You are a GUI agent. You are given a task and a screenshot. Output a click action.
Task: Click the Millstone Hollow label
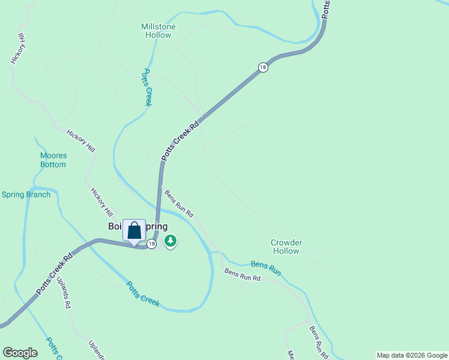coord(158,31)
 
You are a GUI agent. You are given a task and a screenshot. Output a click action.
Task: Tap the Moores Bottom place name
coord(53,160)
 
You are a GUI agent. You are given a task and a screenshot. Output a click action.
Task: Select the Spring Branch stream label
coord(26,194)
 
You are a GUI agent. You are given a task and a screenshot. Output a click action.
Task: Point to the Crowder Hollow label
coord(286,247)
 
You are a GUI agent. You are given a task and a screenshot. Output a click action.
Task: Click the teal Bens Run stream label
coord(266,268)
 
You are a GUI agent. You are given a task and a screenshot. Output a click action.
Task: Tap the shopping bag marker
coord(134,231)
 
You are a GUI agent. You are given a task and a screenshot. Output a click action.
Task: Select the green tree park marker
coord(170,241)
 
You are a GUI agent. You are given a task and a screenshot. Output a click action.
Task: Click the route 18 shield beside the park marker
coord(152,244)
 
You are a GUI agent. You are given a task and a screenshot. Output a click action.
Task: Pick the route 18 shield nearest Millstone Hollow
coord(263,68)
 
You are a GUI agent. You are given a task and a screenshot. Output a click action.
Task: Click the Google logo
coord(20,353)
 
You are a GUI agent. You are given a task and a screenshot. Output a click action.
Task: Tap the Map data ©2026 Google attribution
coord(412,355)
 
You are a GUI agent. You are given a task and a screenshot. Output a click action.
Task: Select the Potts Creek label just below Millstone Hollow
coord(146,88)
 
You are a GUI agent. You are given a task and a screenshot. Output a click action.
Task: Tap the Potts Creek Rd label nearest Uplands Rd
coord(55,272)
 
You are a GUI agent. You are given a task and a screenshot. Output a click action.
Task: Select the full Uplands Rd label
coord(64,292)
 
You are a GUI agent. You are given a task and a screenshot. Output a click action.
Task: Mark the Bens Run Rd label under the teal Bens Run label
coord(243,275)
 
